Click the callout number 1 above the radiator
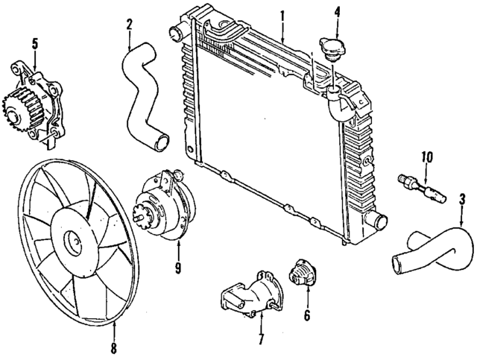[x=282, y=14]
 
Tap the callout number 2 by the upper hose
[x=129, y=25]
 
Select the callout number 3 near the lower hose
[x=462, y=199]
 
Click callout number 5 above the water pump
[x=34, y=43]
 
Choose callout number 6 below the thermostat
[x=306, y=315]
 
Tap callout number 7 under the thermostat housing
[x=262, y=339]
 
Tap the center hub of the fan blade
[x=72, y=241]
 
